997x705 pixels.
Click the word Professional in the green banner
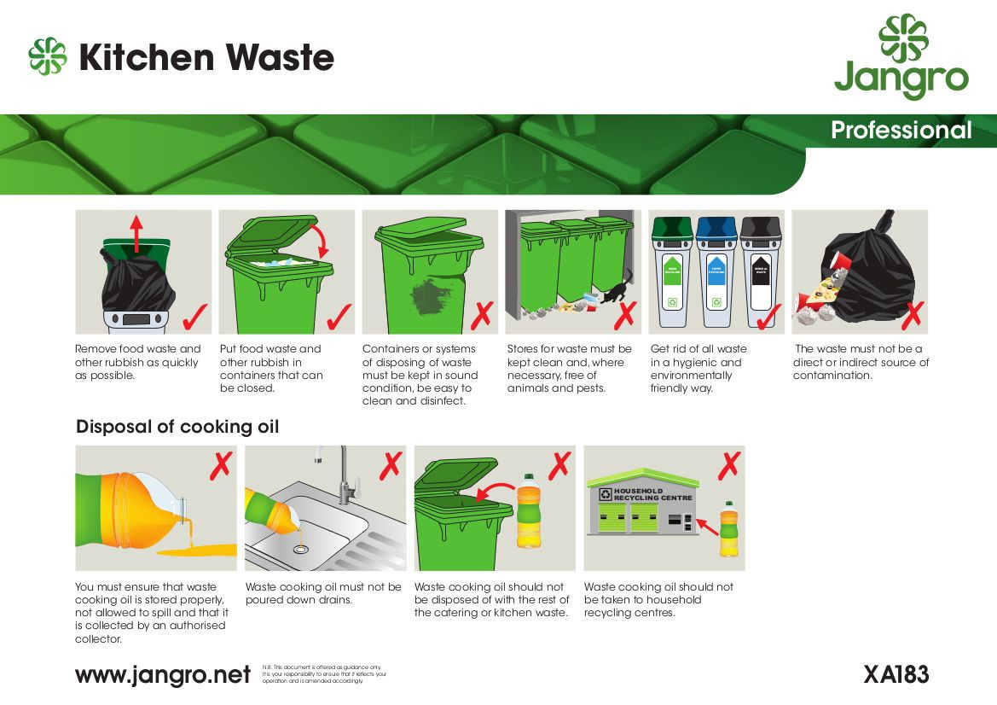(901, 131)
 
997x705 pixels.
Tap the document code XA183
(896, 674)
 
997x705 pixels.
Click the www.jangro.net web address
(163, 675)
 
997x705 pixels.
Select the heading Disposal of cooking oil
(177, 427)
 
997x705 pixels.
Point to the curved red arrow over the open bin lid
(322, 241)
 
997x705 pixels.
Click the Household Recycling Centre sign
(652, 494)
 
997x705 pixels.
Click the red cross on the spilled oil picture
(220, 466)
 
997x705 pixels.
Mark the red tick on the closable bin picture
(339, 317)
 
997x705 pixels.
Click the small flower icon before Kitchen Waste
(48, 56)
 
